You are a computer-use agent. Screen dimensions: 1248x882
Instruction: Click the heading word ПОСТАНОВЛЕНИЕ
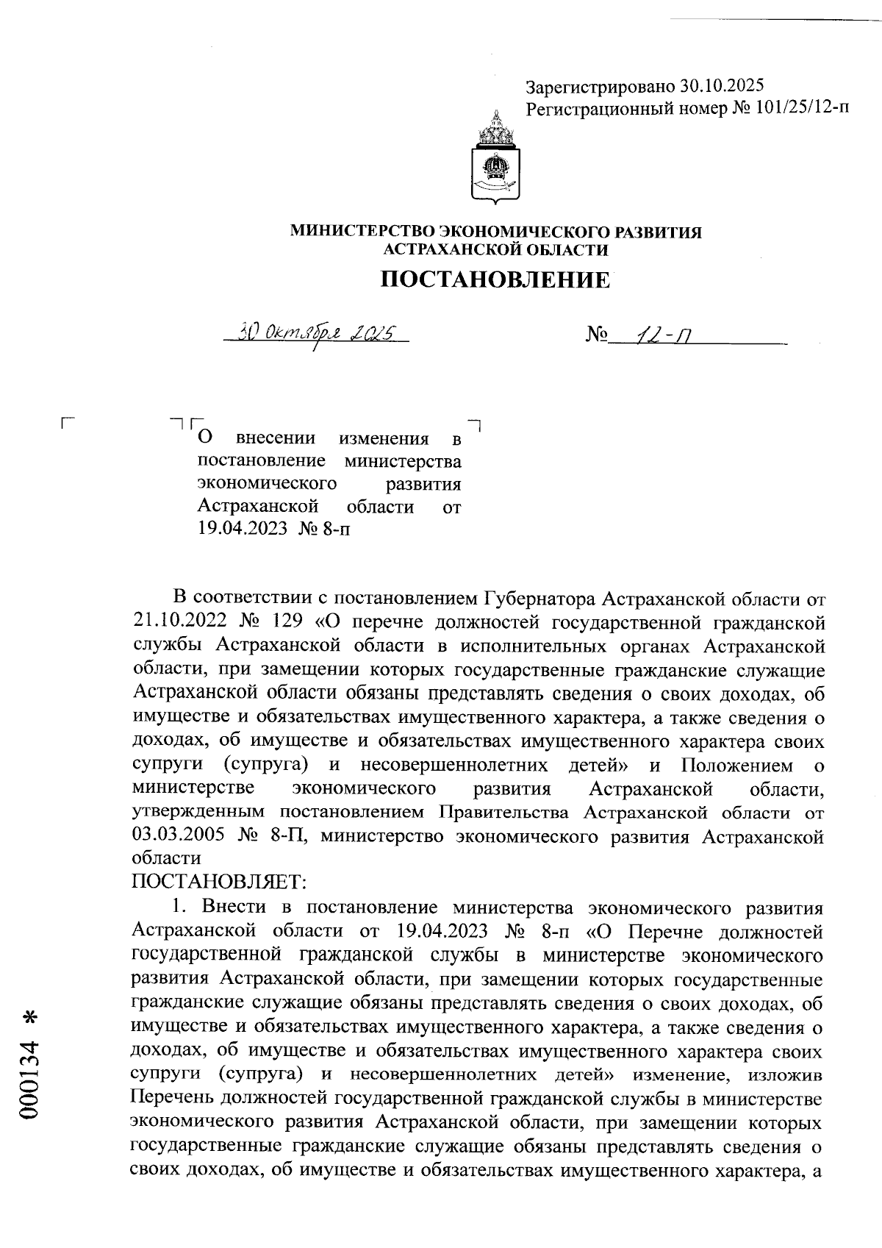(x=495, y=279)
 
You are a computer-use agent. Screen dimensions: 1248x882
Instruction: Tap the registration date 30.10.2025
(x=722, y=87)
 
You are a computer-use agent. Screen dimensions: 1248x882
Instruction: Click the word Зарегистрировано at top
(x=600, y=87)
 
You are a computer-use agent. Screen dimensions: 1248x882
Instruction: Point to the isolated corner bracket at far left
(x=68, y=423)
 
